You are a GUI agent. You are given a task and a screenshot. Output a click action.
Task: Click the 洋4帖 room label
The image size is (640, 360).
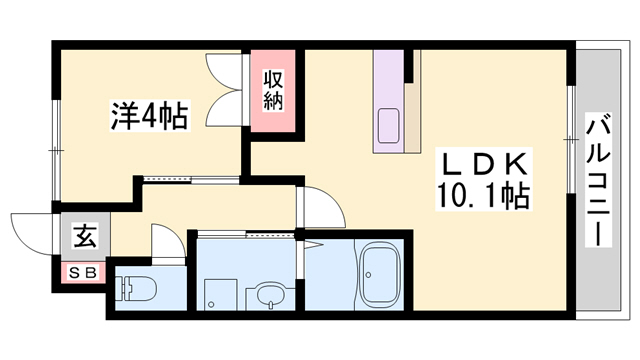[148, 117]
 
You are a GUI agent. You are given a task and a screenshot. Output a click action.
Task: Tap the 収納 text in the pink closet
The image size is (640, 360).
[274, 90]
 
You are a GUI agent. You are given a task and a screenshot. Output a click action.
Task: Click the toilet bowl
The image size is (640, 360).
[137, 290]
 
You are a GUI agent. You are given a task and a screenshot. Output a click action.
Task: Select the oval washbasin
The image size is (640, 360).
[268, 295]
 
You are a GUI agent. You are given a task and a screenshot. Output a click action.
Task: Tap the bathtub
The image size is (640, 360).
[381, 275]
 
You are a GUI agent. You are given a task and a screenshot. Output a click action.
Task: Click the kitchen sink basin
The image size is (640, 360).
[388, 128]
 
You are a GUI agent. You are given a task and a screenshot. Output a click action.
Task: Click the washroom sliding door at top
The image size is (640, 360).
[245, 235]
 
